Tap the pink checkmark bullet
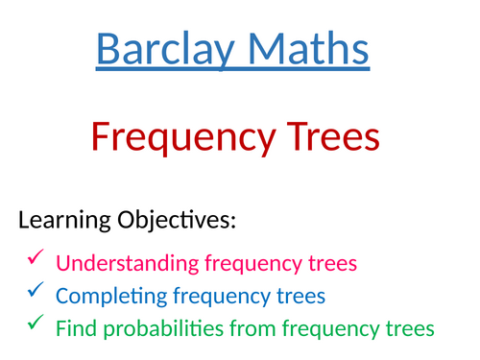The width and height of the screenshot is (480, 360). point(36,257)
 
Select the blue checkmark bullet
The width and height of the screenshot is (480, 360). point(36,290)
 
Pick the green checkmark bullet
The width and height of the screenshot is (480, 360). point(36,324)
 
